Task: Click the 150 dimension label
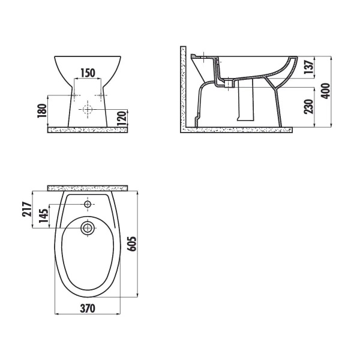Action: tap(88, 73)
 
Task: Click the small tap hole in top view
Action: tap(88, 205)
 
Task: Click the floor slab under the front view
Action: tap(88, 130)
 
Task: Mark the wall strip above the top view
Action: tap(88, 187)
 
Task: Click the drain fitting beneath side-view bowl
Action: tap(230, 82)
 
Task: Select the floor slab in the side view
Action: tap(237, 129)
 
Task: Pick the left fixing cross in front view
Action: tap(74, 96)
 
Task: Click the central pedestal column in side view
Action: tap(245, 102)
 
